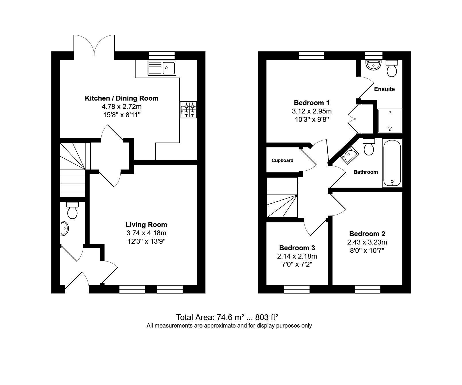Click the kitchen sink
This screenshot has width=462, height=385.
(162, 68)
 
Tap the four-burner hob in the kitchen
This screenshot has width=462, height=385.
(188, 110)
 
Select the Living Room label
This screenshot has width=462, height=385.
(146, 225)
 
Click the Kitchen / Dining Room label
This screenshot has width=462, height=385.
(122, 98)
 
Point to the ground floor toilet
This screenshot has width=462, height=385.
(72, 210)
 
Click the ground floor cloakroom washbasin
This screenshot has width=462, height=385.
(64, 229)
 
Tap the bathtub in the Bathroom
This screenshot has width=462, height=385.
(392, 163)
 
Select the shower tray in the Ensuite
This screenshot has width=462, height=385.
(390, 121)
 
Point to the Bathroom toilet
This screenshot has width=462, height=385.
(369, 147)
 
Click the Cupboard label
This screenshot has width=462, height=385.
(283, 160)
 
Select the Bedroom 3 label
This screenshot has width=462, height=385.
(297, 248)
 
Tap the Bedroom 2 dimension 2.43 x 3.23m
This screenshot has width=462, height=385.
(367, 242)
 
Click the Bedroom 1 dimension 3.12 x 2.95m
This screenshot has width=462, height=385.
(312, 111)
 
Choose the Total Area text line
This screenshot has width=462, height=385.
(227, 317)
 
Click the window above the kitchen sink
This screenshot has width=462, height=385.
(162, 55)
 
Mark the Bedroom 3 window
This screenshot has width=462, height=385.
(297, 289)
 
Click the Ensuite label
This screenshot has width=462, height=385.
(384, 89)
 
